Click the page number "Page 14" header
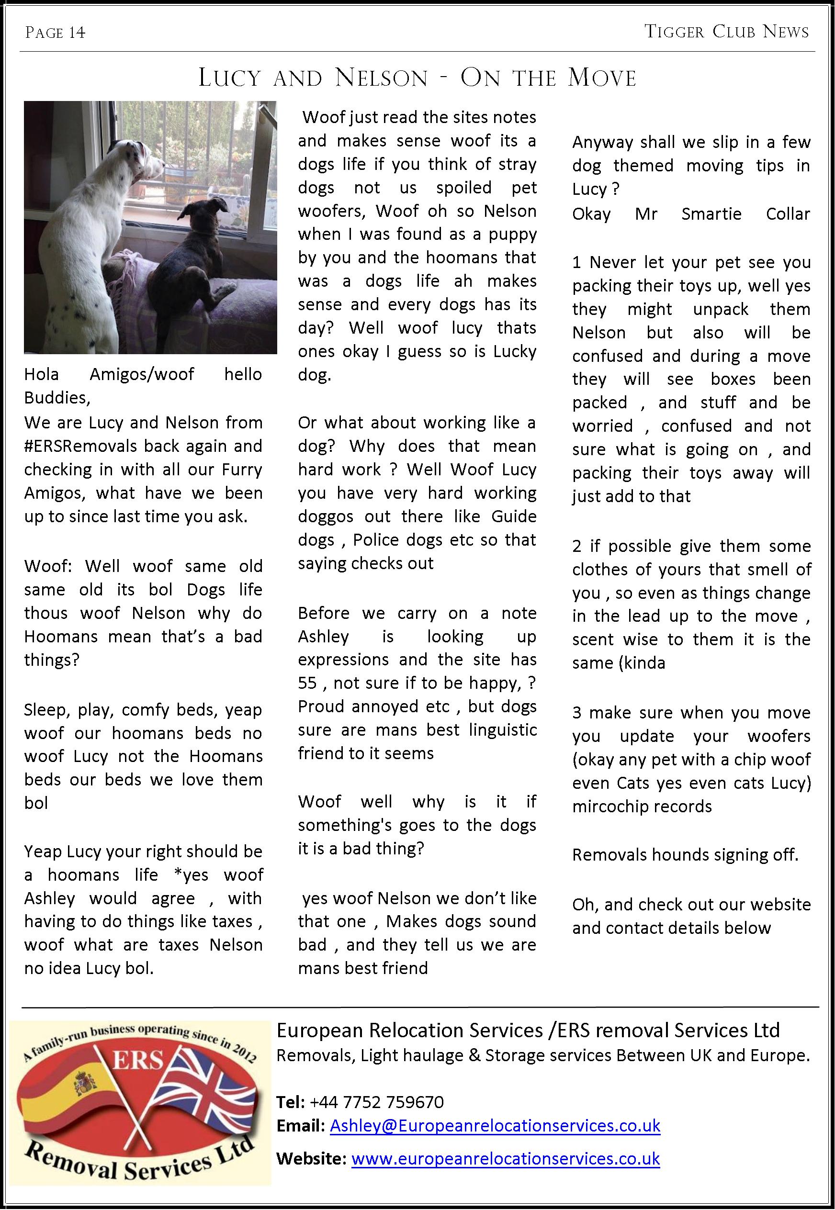click(55, 33)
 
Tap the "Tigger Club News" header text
click(726, 32)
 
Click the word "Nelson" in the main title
click(382, 78)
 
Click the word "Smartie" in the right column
click(711, 214)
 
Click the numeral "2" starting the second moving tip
click(576, 547)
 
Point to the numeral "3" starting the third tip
click(576, 713)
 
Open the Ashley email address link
click(495, 1126)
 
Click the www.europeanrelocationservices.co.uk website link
click(506, 1159)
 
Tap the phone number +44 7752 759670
click(377, 1102)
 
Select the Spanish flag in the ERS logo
click(79, 1098)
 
